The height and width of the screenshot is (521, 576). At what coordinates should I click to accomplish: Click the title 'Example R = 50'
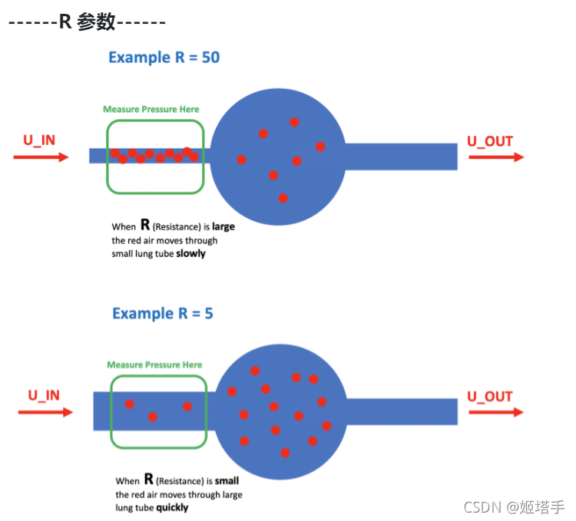[x=164, y=58]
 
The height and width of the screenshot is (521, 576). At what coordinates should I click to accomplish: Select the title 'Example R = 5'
[x=162, y=313]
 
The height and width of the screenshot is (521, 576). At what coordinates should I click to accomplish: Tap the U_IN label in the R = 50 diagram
[x=38, y=140]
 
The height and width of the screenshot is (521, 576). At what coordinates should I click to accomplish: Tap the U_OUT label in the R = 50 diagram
[x=490, y=141]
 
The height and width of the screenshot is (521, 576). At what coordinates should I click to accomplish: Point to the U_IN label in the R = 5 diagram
[x=44, y=396]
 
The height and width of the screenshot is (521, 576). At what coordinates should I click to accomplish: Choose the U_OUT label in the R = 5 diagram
[x=490, y=397]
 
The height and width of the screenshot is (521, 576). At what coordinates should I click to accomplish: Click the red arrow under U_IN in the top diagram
[x=41, y=157]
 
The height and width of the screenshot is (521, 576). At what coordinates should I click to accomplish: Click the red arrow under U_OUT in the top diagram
[x=496, y=157]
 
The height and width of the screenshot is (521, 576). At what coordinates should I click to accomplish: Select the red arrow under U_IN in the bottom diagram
[x=45, y=412]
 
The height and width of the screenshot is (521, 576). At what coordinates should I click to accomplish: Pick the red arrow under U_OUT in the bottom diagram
[x=496, y=412]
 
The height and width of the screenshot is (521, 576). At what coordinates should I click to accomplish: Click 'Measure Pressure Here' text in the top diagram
[x=151, y=110]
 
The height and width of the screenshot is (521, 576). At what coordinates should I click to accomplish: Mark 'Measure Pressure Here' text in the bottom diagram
[x=154, y=365]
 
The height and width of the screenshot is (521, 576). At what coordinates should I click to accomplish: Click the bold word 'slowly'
[x=191, y=253]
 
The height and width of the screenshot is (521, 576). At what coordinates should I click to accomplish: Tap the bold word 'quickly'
[x=172, y=508]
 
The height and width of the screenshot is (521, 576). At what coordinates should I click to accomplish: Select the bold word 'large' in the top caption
[x=223, y=227]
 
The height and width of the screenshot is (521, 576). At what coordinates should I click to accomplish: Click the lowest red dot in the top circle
[x=283, y=198]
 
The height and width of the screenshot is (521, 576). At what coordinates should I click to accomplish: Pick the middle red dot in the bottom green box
[x=153, y=417]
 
